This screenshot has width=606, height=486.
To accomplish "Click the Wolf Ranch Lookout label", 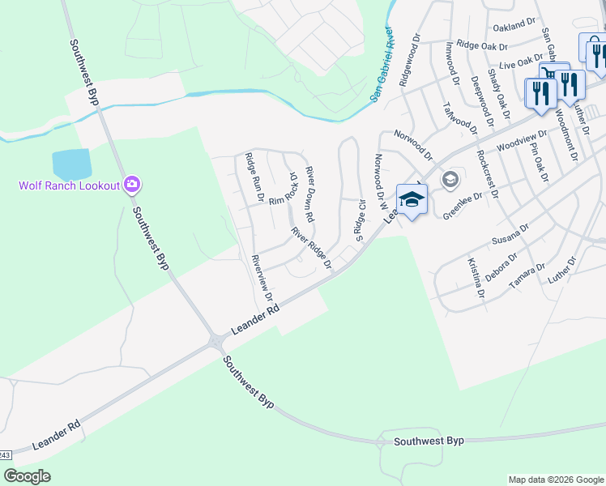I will coord(70,185).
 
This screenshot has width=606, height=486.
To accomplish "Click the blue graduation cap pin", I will coord(412,199).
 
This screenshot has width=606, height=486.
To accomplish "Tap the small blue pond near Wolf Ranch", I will coord(72,164).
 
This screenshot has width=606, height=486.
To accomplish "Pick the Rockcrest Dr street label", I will coord(489,174).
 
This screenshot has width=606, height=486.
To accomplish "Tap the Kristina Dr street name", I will coord(475,278).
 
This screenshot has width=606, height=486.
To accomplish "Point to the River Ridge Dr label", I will coord(312,248).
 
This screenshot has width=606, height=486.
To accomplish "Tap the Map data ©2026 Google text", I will coord(556,480).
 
